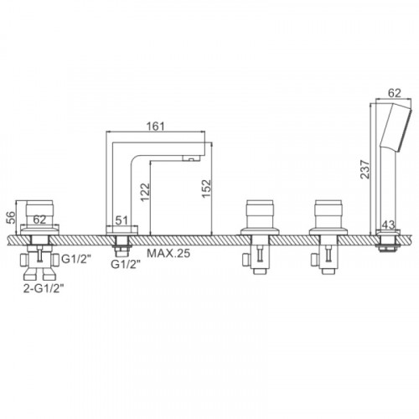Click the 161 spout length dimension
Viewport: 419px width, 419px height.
tap(156, 127)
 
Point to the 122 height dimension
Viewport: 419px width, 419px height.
tap(145, 192)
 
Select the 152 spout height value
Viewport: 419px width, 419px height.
tap(206, 189)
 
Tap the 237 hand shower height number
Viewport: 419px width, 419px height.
tap(365, 169)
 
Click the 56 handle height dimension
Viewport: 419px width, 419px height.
tap(11, 217)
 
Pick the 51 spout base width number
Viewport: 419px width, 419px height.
tap(122, 220)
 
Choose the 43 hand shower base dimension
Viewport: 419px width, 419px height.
tap(389, 225)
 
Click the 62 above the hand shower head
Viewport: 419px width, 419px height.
tap(395, 93)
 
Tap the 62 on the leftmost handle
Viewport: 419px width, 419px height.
tap(39, 220)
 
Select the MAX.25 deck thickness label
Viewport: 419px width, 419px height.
tap(168, 253)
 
